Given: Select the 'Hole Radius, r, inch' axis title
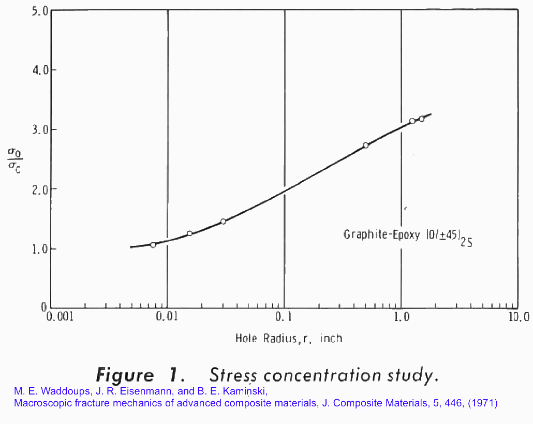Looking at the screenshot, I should (x=289, y=339).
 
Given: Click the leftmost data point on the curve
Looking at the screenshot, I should (x=153, y=245).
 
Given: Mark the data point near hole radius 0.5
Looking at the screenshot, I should (x=366, y=145).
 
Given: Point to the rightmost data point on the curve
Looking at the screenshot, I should (x=422, y=119).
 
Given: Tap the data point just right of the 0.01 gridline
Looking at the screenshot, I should (x=189, y=233).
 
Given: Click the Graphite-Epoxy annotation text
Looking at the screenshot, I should (x=407, y=236).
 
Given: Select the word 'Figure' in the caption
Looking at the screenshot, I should (x=126, y=375).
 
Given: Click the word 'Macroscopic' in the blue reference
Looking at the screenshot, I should (x=39, y=403).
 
